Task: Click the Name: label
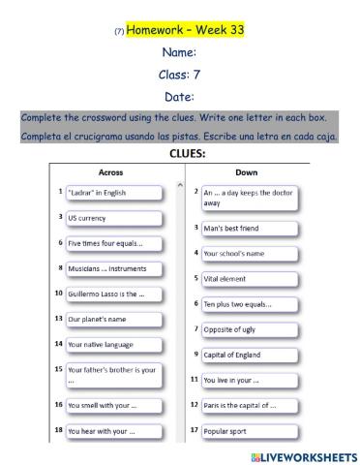point(180,52)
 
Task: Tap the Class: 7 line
point(180,74)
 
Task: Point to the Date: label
point(180,96)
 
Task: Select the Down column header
point(247,171)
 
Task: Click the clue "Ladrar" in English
point(101,194)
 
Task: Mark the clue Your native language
point(101,344)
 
